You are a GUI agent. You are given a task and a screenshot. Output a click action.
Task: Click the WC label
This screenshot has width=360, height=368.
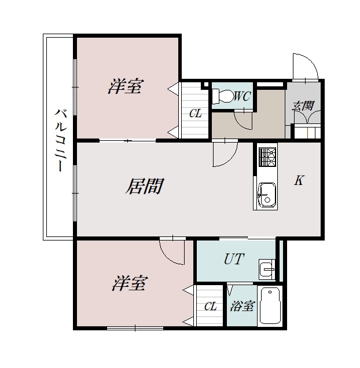coord(243,96)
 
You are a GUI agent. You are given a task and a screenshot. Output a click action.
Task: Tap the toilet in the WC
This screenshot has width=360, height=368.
coord(222,96)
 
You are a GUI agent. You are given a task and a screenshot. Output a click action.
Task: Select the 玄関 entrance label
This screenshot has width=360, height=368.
coord(303,105)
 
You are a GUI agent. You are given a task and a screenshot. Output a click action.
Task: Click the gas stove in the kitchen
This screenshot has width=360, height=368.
coord(267,157)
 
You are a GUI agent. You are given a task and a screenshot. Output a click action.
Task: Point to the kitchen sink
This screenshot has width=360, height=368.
coord(267,195)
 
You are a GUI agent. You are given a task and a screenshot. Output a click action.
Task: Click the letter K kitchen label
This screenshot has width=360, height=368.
coord(299,180)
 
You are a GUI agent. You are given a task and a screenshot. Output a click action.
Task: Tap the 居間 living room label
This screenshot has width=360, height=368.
coord(145,187)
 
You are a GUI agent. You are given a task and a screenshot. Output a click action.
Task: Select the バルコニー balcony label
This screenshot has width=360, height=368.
coord(61,140)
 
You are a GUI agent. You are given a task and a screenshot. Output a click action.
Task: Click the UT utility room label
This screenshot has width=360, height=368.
coord(234,258)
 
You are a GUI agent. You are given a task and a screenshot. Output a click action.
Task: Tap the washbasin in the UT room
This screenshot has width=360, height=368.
coord(267,269)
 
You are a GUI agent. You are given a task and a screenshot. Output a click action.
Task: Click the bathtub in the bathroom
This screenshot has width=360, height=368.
coord(270,305)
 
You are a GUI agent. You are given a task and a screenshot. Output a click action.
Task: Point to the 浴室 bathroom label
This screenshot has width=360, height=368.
coord(242,306)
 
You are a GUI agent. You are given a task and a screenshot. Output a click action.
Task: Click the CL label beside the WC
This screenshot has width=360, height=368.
coord(196,114)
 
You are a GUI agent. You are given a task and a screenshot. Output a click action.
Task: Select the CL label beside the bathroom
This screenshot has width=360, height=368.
coord(210,306)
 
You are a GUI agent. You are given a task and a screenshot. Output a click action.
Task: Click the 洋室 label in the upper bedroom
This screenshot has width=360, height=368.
coord(126,86)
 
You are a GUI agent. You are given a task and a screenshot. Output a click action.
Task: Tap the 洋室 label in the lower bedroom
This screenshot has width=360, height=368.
coord(130,283)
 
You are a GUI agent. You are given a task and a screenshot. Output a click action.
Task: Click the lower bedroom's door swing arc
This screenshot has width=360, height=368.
coord(167,257)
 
